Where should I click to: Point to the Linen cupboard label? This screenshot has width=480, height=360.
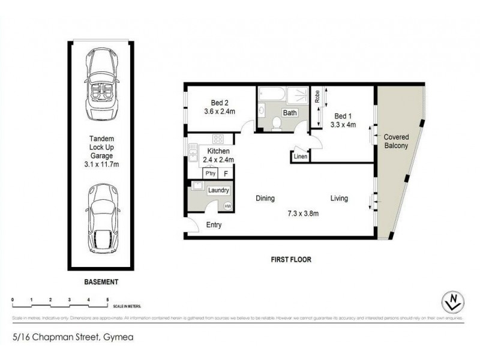[x=301, y=157]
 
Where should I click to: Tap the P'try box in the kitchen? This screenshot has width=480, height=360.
[x=211, y=173]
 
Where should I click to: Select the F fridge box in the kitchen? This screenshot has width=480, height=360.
[x=226, y=173]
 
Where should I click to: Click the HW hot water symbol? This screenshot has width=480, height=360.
[x=227, y=206]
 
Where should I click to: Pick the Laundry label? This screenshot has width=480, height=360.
[x=218, y=190]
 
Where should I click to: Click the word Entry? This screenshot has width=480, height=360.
[x=214, y=225]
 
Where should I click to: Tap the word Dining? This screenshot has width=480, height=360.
[x=265, y=199]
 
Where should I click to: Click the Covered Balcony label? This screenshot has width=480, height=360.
[x=397, y=142]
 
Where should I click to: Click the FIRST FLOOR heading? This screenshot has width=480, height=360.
[x=293, y=260]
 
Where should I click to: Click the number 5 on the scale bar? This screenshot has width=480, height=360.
[x=107, y=298]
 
